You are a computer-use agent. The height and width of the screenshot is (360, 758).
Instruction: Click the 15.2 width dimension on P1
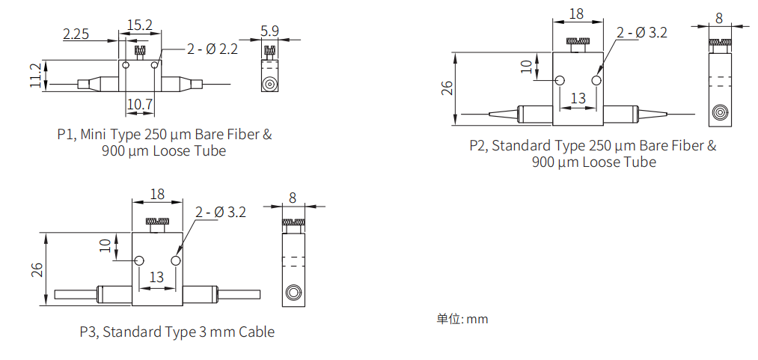(139, 25)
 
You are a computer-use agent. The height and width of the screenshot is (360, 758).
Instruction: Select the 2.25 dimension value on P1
(76, 34)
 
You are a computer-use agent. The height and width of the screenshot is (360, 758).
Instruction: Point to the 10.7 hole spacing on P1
(139, 104)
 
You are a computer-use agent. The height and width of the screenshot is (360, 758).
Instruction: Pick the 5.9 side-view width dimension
(269, 31)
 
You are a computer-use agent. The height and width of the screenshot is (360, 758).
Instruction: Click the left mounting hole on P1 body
(126, 66)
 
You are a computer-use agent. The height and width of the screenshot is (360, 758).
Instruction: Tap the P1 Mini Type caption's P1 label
(66, 135)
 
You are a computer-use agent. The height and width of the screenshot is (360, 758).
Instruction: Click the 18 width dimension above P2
(576, 14)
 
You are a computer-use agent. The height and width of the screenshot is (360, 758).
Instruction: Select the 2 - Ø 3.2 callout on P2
(641, 32)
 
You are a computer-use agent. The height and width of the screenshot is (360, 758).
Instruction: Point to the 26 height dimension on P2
(447, 88)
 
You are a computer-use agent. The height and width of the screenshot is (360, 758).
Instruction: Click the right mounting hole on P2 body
(596, 80)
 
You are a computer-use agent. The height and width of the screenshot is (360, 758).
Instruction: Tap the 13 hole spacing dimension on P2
(578, 98)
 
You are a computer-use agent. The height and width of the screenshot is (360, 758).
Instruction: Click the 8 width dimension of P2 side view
(719, 17)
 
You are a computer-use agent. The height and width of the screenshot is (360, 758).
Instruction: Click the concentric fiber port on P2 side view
(719, 113)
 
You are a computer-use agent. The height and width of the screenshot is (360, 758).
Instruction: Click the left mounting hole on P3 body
(139, 260)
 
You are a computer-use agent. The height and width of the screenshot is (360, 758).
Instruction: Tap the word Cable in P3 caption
(256, 332)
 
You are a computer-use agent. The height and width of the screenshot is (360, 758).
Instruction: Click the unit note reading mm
(477, 319)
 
